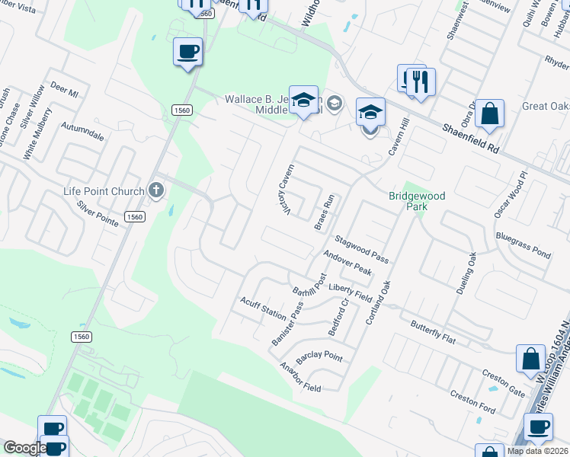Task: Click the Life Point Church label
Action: (x=106, y=190)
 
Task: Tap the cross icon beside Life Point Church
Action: (x=156, y=190)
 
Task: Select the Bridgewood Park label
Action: (x=417, y=201)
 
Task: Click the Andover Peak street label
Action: (x=347, y=264)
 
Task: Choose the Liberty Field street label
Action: (x=350, y=292)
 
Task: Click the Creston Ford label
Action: (x=472, y=403)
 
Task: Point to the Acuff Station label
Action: (x=263, y=308)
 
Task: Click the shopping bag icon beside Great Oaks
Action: (x=492, y=114)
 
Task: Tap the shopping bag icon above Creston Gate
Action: (x=530, y=358)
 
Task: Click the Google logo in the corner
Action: (x=24, y=449)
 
